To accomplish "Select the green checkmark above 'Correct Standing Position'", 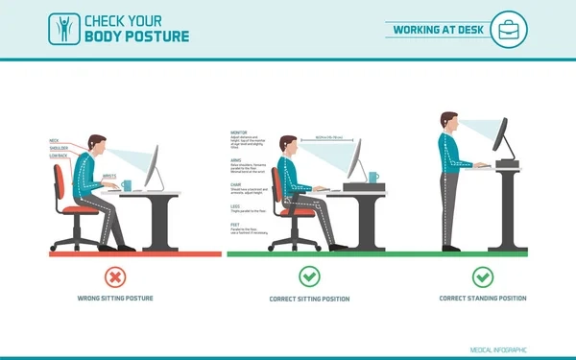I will point(483,277).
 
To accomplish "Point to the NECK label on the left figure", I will point(54,141).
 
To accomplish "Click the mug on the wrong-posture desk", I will point(128,186).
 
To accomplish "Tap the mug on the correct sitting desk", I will point(372,178).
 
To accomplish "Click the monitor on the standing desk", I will point(502,138).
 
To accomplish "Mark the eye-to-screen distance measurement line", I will point(323,139).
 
